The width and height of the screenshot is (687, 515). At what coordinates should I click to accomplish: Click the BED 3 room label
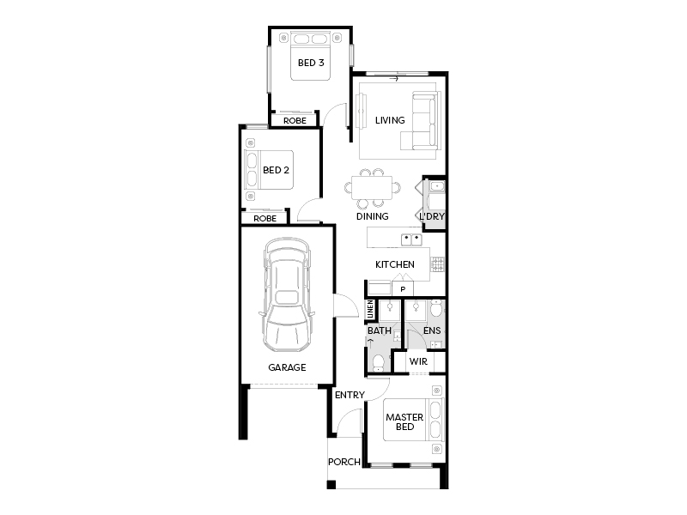coord(311,63)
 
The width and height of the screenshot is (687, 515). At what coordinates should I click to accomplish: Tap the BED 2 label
coord(276,170)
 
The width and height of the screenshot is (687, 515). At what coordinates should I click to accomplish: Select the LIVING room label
coord(390,120)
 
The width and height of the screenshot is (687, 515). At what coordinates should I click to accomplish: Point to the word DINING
coord(373,216)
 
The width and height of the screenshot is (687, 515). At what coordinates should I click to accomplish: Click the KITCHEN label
coord(395,264)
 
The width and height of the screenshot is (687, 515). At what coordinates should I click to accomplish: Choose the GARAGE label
coord(287,367)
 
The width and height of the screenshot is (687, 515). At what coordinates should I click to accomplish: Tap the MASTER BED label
coord(404,421)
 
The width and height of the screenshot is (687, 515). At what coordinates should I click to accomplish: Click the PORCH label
coord(344,462)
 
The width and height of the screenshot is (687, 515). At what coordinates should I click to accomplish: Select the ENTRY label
coord(350,395)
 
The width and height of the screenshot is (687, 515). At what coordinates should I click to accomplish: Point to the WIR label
coord(418,361)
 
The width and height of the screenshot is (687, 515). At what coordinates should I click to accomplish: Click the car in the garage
coord(287,294)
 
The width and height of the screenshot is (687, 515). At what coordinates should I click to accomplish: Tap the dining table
coord(372,188)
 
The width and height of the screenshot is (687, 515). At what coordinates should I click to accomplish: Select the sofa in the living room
coord(420,121)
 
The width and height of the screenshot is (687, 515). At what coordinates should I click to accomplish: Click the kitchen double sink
coord(412,239)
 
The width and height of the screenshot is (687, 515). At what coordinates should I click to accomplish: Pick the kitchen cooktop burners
coord(438,264)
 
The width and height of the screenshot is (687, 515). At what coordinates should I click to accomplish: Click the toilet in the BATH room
coord(378,362)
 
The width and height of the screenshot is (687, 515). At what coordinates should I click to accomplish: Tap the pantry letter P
coord(403,289)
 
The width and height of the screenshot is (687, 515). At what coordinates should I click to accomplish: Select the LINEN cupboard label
coord(370,309)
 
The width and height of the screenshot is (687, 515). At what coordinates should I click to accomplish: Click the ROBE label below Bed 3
coord(295,121)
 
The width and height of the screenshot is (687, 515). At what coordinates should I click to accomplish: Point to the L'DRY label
coord(432,216)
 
